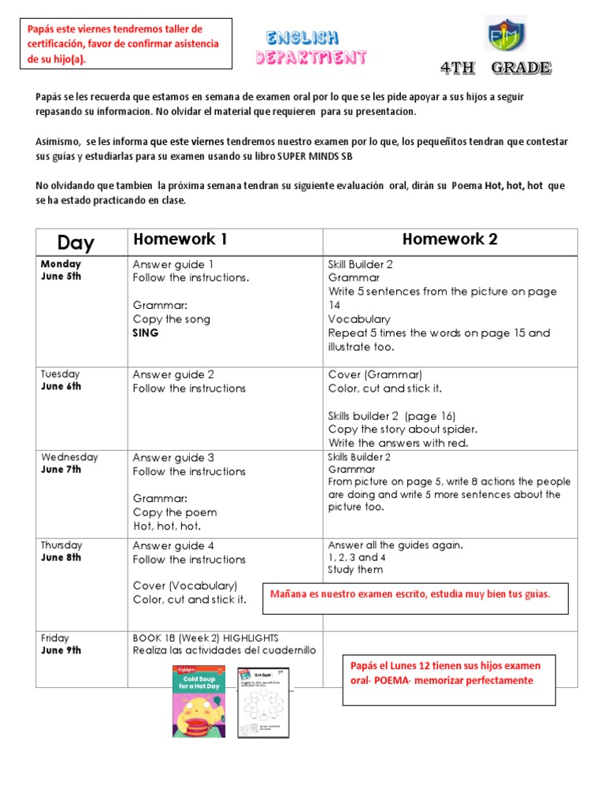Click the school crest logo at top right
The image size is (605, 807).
[x=505, y=35]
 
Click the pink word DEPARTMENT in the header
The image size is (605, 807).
[x=311, y=58]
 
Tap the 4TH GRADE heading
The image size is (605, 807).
[x=496, y=69]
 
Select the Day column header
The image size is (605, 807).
[x=76, y=242]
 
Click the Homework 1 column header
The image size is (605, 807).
[x=180, y=240]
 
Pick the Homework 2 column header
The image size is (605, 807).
[x=450, y=240]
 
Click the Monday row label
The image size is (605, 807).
[x=61, y=264]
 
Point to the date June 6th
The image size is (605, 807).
[x=61, y=386]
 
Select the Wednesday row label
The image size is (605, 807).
[x=69, y=457]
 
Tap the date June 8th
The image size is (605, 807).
[x=61, y=557]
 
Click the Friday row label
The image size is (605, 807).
[x=55, y=638]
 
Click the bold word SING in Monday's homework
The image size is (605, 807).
[x=146, y=333]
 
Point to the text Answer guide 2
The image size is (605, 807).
[x=173, y=374]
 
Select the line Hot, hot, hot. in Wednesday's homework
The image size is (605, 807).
[x=167, y=526]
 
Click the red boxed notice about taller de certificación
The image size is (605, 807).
[x=124, y=43]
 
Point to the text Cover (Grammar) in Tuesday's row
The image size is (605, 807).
[x=375, y=374]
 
